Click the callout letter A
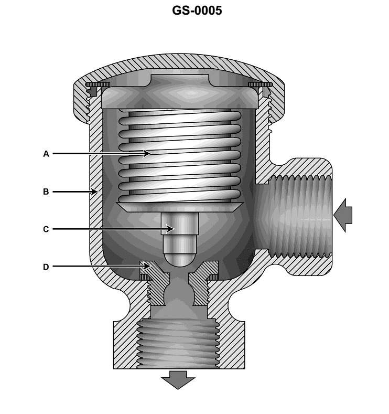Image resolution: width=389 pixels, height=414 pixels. [x=46, y=154]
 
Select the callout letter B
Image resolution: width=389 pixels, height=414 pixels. [x=46, y=192]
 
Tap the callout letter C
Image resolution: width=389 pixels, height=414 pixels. [x=46, y=229]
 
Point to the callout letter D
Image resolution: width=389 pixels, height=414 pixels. [x=46, y=267]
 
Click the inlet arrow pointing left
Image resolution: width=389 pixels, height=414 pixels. [x=343, y=215]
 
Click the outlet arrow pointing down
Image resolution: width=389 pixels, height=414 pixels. [x=178, y=379]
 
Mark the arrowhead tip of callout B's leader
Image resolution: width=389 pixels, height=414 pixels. [x=98, y=192]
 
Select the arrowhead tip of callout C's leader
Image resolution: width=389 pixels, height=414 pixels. [x=174, y=229]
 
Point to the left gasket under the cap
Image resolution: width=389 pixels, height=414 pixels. [x=98, y=84]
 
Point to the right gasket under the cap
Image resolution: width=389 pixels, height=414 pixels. [x=261, y=84]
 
